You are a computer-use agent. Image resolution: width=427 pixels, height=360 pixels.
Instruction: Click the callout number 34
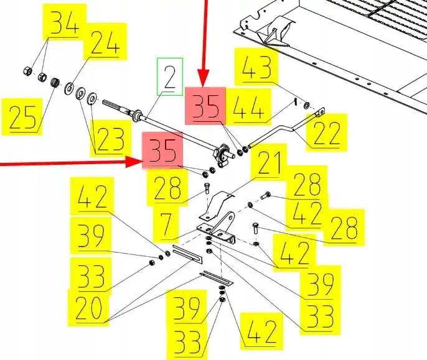tap(65, 22)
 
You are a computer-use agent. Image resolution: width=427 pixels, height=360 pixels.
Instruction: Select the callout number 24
tap(105, 42)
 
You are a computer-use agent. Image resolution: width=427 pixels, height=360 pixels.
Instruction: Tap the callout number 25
tap(22, 117)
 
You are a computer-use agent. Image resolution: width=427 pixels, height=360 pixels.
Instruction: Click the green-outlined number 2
tap(170, 76)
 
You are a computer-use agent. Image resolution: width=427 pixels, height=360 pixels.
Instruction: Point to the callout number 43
tap(256, 67)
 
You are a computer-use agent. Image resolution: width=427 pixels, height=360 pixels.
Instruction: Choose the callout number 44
tap(248, 107)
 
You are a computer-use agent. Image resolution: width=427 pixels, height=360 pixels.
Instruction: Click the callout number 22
tap(327, 132)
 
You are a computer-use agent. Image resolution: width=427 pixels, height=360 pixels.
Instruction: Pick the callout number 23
tap(111, 139)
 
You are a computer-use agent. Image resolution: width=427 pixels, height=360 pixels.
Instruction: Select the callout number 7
tap(166, 225)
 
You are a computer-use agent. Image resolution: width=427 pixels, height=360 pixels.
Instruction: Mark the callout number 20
tap(88, 308)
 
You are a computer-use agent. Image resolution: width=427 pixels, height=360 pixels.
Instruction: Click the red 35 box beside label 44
tap(205, 106)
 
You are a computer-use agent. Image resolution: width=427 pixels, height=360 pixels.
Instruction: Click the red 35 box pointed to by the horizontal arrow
tap(163, 150)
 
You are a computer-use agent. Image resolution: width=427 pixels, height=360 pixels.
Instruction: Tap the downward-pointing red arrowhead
tap(203, 78)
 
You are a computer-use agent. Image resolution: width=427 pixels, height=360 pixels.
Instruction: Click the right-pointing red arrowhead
tap(134, 162)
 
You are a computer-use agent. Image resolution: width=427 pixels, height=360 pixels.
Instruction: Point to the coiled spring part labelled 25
tap(55, 82)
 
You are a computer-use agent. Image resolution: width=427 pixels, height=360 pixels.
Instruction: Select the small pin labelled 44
tap(295, 103)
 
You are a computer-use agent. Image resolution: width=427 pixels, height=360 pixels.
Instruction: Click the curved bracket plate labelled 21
tap(217, 205)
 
